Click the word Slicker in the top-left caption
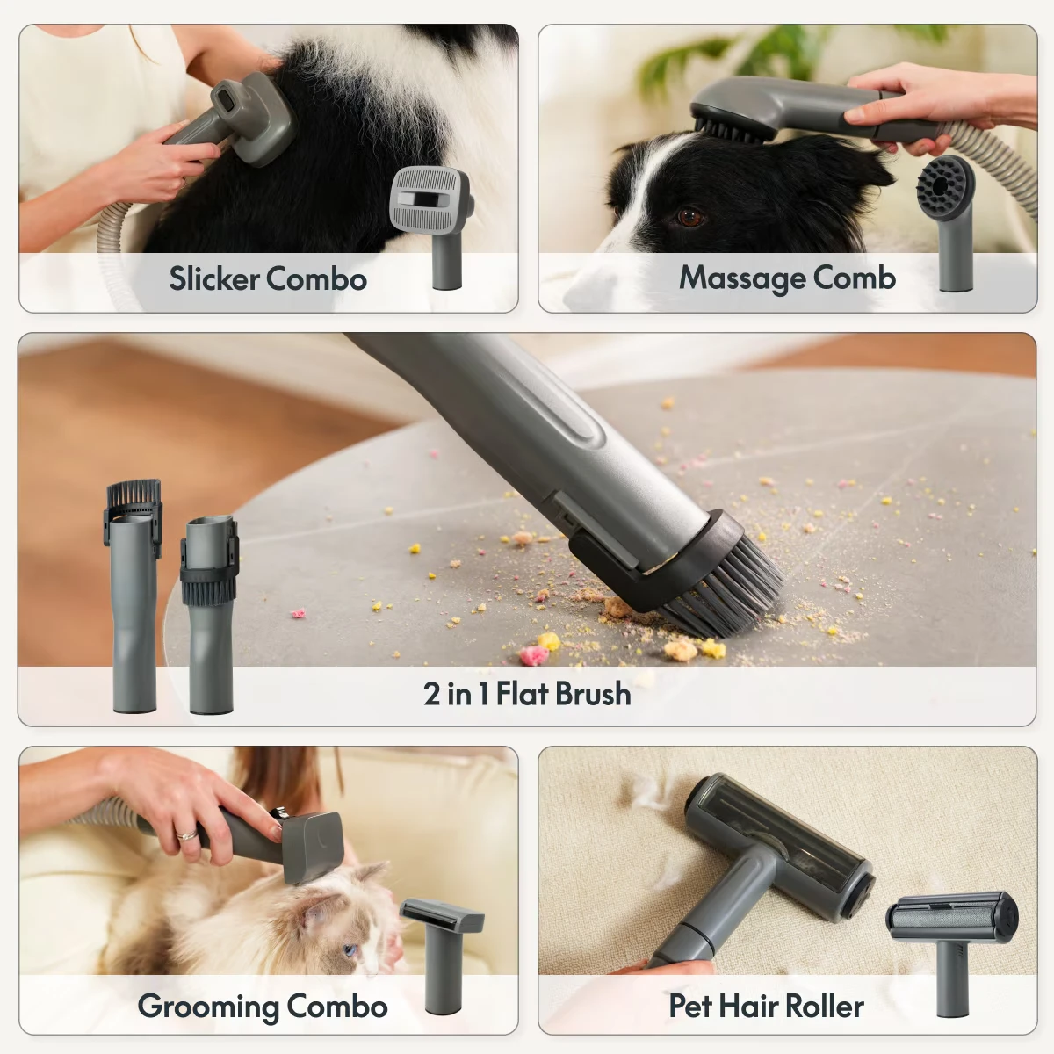click(x=214, y=278)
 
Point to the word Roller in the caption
click(x=828, y=1006)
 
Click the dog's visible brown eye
click(x=690, y=217)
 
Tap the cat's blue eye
click(x=349, y=950)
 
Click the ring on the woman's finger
click(x=187, y=834)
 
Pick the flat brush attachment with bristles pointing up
click(x=133, y=596)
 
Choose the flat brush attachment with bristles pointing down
click(x=210, y=616)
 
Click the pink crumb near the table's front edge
click(x=535, y=654)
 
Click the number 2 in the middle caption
click(x=431, y=694)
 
